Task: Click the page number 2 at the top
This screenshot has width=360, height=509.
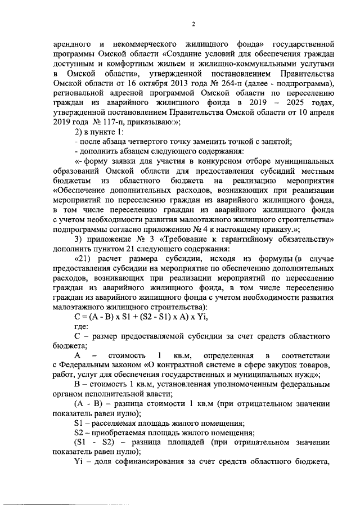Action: (193, 24)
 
